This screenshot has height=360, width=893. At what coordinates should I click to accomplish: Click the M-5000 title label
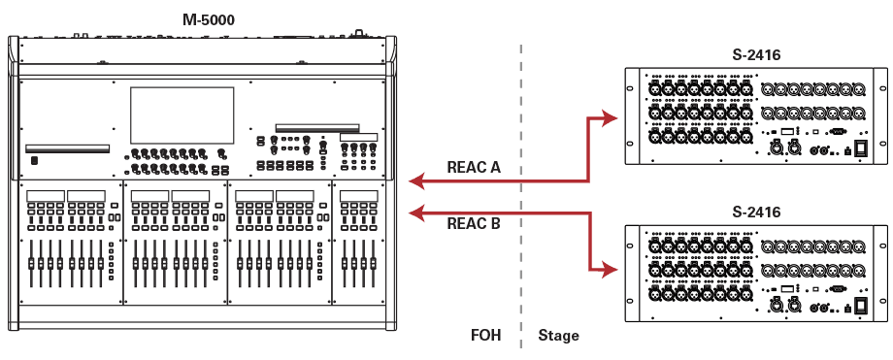coord(209,20)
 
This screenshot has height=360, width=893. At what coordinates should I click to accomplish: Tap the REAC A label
coord(474,168)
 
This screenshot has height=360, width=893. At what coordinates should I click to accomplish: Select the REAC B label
coord(474,223)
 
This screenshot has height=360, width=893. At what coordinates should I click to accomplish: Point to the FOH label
coord(485,335)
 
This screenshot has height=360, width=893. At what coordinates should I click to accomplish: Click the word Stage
coord(559,336)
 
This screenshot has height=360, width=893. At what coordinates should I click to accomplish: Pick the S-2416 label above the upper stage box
coord(756,55)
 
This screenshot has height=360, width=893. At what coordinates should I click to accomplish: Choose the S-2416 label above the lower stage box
coord(756,213)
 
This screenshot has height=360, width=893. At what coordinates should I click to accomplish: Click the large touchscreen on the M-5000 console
coord(182,115)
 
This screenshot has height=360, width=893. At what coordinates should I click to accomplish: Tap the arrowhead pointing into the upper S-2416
coord(611,118)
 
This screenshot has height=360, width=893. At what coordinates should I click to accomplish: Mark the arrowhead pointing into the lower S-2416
coord(611,270)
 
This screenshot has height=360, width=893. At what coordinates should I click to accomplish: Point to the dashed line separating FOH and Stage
coord(520,195)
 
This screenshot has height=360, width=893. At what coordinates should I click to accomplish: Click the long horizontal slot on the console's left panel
coord(67,148)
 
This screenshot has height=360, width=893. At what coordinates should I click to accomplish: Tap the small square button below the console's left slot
coord(35,161)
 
